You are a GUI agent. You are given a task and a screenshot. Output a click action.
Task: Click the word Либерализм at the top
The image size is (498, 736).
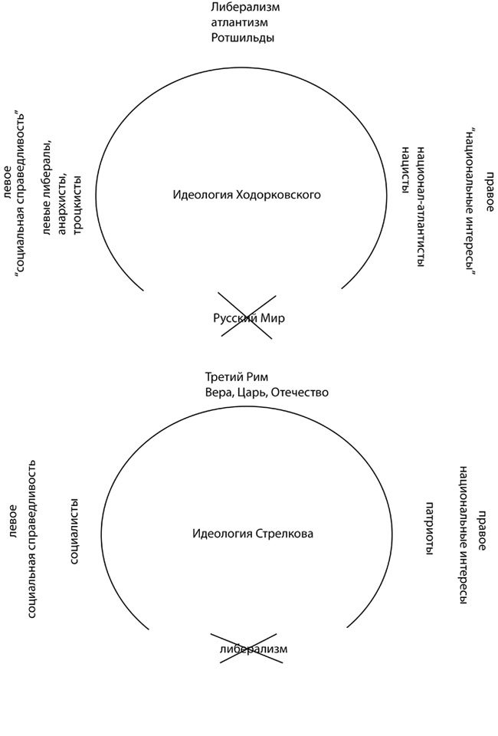(244, 7)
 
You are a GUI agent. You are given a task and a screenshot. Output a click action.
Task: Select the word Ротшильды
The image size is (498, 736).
(243, 38)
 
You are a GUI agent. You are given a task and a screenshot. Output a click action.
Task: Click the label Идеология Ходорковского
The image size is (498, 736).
(247, 195)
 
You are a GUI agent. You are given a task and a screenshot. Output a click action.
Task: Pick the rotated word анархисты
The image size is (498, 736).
(62, 198)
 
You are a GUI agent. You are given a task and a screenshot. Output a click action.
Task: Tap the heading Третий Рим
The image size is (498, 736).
(238, 377)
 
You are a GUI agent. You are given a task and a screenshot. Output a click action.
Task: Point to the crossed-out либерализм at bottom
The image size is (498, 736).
(253, 649)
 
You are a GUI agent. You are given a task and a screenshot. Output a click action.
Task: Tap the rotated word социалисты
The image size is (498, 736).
(75, 531)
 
